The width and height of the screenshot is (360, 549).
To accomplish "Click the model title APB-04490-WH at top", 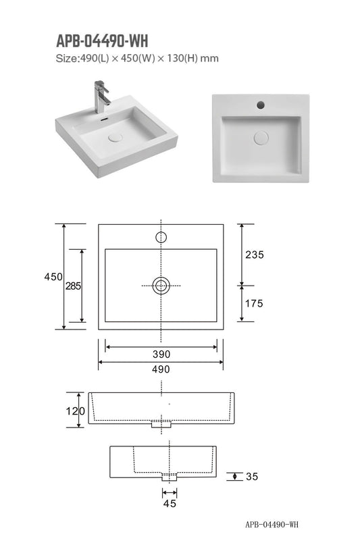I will (101, 42).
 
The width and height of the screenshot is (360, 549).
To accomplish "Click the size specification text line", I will (137, 59).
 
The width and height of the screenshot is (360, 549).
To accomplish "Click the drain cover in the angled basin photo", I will (116, 136).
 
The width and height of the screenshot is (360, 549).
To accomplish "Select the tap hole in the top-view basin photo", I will (260, 105).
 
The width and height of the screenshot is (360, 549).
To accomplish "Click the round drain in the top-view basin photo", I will (261, 137).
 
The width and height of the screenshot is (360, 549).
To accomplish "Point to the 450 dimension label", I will (53, 277).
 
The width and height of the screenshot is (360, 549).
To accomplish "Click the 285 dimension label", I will (73, 286).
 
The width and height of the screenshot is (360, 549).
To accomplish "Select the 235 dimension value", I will (254, 255).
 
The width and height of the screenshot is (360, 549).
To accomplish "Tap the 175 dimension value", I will (254, 303).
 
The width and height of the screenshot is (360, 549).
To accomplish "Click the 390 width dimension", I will (161, 354).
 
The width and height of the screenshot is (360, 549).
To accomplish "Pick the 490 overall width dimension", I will (161, 369).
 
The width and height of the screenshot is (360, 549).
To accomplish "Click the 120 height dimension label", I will (76, 411).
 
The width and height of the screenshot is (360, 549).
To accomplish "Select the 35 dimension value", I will (252, 477).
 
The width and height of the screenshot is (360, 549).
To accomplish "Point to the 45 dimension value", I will (170, 503).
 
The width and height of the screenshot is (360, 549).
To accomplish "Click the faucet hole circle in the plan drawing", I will (161, 237).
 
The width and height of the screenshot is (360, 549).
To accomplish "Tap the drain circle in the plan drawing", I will (161, 286).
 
